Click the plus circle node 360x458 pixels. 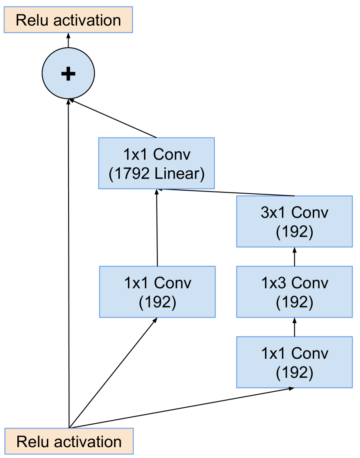pyautogui.click(x=68, y=73)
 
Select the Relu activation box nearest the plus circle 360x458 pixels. pyautogui.click(x=68, y=20)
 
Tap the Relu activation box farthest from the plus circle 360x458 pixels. pyautogui.click(x=69, y=442)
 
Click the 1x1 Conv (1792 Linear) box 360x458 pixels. pyautogui.click(x=157, y=163)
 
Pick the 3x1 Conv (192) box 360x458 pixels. pyautogui.click(x=295, y=221)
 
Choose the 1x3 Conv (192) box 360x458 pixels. pyautogui.click(x=295, y=292)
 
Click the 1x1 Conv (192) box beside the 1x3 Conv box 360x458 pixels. pyautogui.click(x=157, y=292)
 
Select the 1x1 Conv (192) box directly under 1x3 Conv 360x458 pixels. pyautogui.click(x=295, y=362)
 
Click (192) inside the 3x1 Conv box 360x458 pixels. pyautogui.click(x=295, y=232)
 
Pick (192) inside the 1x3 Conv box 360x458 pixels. pyautogui.click(x=295, y=302)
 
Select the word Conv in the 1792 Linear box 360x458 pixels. pyautogui.click(x=172, y=154)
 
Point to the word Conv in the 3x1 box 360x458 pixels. pyautogui.click(x=310, y=213)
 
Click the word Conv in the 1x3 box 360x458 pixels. pyautogui.click(x=310, y=283)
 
